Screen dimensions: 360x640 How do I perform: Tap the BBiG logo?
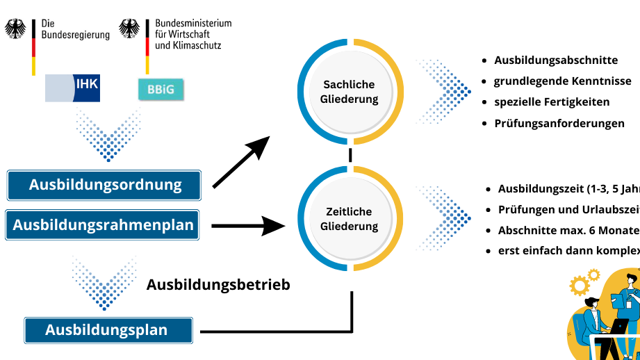pyautogui.click(x=161, y=88)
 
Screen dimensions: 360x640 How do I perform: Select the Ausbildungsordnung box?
pyautogui.click(x=104, y=185)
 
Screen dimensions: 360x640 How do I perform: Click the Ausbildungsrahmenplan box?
pyautogui.click(x=103, y=224)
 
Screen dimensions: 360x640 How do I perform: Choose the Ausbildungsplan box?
pyautogui.click(x=107, y=329)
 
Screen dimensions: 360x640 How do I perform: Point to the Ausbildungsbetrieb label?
pyautogui.click(x=218, y=284)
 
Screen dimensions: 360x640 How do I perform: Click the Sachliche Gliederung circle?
pyautogui.click(x=350, y=92)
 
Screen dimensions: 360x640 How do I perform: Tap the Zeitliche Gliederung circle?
pyautogui.click(x=350, y=219)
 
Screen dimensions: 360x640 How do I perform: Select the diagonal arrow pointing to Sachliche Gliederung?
pyautogui.click(x=240, y=162)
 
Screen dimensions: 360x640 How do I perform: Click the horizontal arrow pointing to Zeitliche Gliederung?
pyautogui.click(x=247, y=224)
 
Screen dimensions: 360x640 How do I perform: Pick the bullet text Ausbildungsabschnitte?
pyautogui.click(x=556, y=60)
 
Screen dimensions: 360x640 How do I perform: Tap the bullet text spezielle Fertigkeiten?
pyautogui.click(x=552, y=102)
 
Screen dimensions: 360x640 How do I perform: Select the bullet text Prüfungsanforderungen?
pyautogui.click(x=559, y=124)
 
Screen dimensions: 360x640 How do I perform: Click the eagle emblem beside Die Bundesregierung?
pyautogui.click(x=16, y=28)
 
